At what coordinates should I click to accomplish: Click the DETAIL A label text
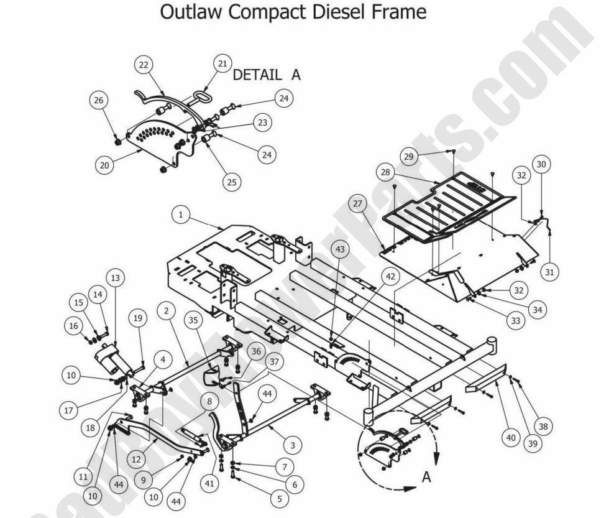point(266,75)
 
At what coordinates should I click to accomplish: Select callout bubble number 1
point(180,215)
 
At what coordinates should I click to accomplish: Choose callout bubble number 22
point(144,66)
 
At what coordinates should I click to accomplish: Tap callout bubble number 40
point(511,438)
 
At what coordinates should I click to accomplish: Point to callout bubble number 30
point(541,164)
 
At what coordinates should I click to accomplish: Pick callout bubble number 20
point(104,165)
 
